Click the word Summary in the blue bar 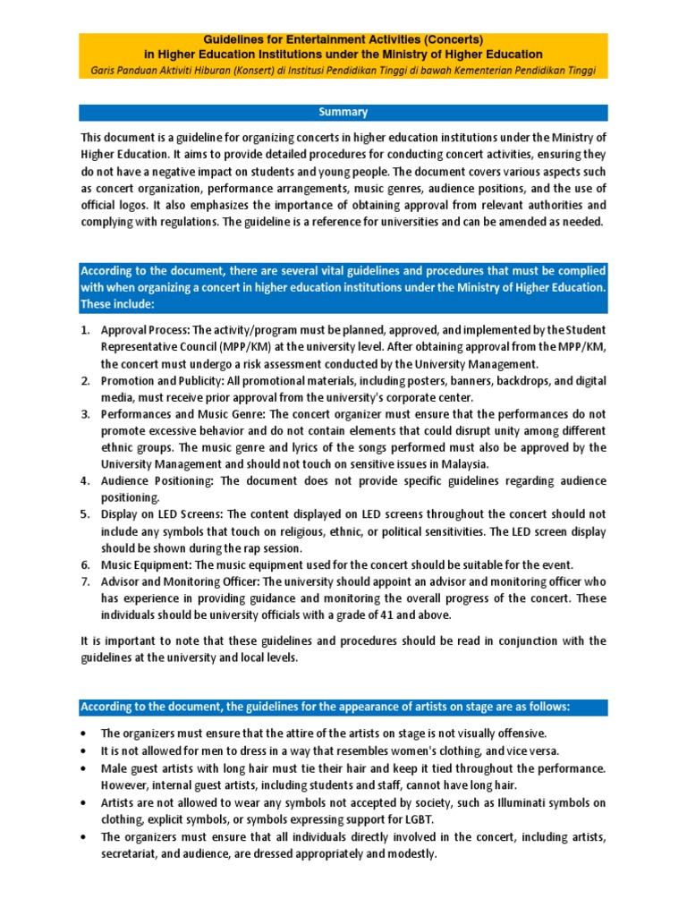coord(343,113)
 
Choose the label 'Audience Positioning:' coord(157,480)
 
